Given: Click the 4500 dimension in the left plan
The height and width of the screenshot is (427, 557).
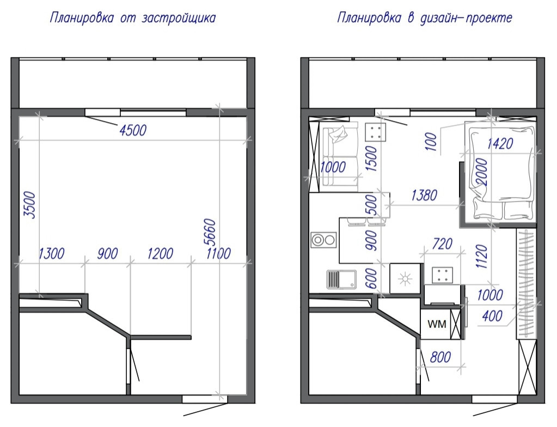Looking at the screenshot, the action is [133, 130].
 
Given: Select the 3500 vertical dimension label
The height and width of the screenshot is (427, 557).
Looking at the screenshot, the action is [30, 205].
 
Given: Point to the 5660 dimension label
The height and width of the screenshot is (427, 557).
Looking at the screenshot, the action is [210, 233].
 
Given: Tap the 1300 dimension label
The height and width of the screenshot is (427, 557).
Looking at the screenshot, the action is [52, 254].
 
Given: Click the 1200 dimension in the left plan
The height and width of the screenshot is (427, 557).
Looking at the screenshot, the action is [160, 254].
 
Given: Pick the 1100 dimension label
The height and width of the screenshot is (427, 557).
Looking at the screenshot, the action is [218, 254].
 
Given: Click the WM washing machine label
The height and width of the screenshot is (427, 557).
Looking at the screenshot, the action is [437, 324].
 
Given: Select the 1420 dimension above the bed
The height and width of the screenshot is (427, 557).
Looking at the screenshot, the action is [500, 144].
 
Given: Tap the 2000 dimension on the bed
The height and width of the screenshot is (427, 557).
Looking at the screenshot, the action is [482, 172].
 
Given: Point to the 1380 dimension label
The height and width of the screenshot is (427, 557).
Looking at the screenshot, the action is [424, 196].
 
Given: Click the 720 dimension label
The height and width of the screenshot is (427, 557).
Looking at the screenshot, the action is [442, 244].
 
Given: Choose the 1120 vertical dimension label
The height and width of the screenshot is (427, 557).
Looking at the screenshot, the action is [481, 256].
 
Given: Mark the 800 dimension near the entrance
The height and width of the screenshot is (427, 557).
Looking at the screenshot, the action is [440, 357].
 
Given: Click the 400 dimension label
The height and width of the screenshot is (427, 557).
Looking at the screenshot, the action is [492, 316].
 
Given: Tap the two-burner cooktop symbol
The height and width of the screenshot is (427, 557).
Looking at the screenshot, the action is [324, 240].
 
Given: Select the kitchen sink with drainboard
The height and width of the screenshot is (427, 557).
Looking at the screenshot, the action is [341, 279].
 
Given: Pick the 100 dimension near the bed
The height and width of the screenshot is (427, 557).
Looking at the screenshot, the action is [431, 142].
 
